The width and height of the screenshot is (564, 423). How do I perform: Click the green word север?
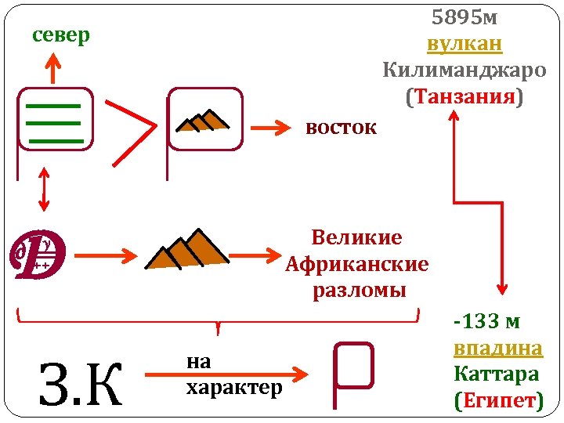pyautogui.click(x=61, y=36)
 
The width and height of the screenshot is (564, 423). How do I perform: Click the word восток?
pyautogui.click(x=341, y=128)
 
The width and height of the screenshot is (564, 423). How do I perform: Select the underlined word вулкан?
pyautogui.click(x=465, y=43)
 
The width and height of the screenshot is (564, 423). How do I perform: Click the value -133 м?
pyautogui.click(x=486, y=320)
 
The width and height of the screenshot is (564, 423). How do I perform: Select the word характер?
pyautogui.click(x=233, y=388)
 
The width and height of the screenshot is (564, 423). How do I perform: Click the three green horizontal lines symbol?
pyautogui.click(x=54, y=121)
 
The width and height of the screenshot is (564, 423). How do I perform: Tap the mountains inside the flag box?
pyautogui.click(x=203, y=119)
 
